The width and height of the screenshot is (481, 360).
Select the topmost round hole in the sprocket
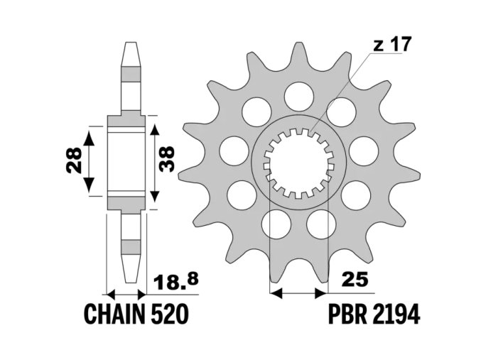(x=298, y=94)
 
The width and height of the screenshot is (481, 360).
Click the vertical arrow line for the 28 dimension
(x=90, y=163)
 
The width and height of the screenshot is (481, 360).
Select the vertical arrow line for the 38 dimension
(x=152, y=163)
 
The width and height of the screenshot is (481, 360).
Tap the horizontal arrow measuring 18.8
(x=126, y=293)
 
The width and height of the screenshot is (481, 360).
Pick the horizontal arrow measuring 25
(x=298, y=292)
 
